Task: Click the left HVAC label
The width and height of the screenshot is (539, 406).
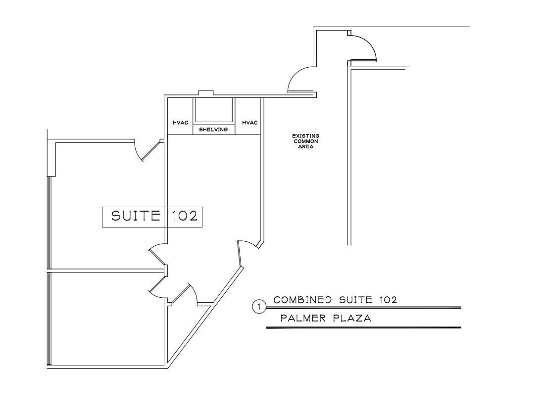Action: point(181,123)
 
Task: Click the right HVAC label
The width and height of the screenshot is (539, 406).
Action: point(250,123)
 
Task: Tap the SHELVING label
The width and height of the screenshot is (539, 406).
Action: point(213,130)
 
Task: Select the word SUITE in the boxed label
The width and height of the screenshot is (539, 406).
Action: point(136,216)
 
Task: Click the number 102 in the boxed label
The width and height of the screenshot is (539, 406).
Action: point(185,216)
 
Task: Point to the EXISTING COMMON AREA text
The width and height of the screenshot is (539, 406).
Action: point(305,141)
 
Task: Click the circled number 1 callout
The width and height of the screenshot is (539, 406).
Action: point(259,307)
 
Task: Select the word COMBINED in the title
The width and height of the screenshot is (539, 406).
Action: point(302,300)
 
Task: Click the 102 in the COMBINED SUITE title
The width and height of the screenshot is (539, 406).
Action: point(389,300)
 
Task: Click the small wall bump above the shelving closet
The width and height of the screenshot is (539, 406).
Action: point(206,93)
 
